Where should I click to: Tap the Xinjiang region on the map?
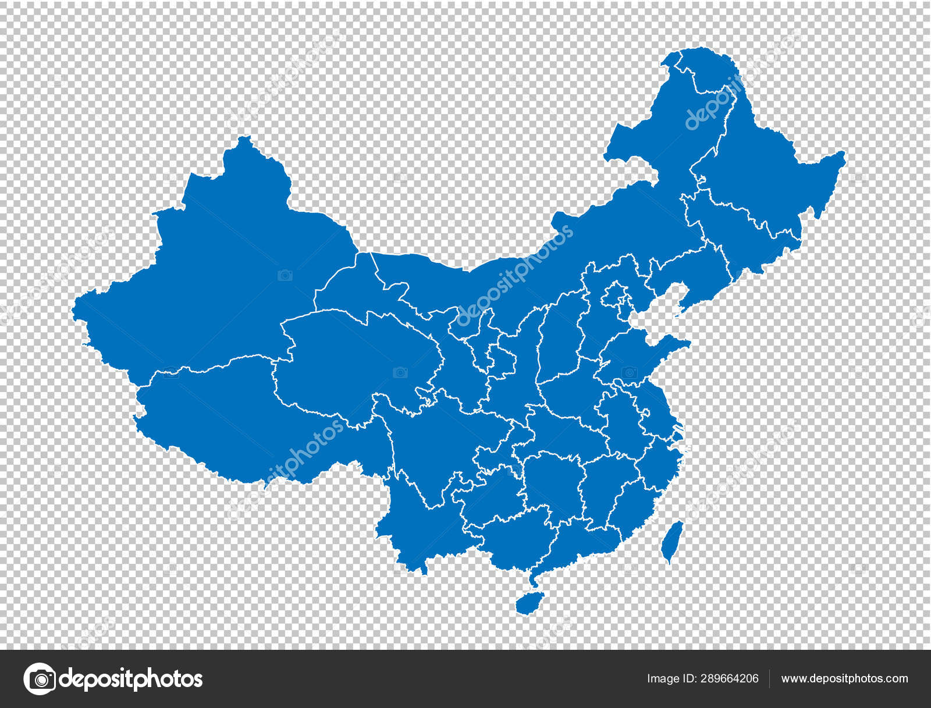221,273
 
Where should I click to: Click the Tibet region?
233,419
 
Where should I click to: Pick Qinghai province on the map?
355,361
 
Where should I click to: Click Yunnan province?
419,524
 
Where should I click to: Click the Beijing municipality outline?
614,294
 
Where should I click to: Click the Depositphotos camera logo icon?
40,678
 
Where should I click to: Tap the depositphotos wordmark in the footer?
131,679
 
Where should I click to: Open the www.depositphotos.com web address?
844,678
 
